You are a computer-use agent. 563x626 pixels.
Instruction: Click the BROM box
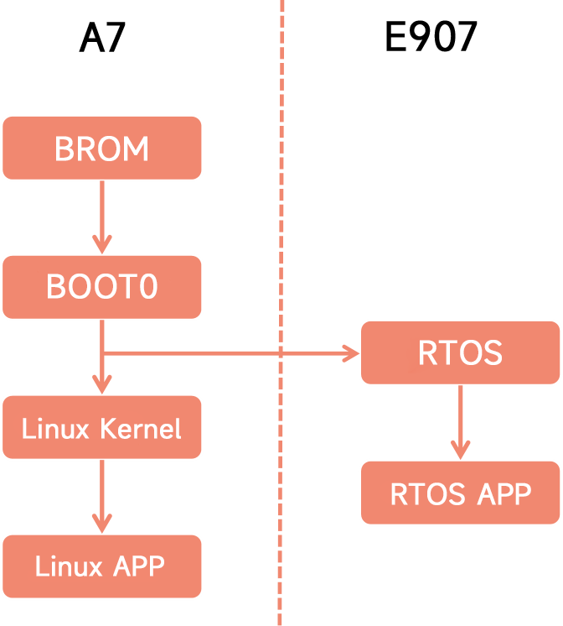click(101, 149)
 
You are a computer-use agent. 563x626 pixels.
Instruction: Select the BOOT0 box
click(101, 288)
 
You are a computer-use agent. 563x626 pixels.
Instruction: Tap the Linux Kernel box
click(101, 428)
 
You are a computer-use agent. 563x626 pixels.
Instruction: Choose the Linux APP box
click(101, 566)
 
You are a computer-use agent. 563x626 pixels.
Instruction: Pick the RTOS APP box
click(460, 493)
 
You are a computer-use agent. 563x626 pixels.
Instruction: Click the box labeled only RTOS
click(460, 353)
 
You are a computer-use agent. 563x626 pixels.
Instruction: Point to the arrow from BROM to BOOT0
click(102, 214)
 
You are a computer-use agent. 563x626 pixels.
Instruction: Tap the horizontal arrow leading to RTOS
click(226, 353)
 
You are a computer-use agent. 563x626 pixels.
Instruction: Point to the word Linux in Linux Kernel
click(55, 429)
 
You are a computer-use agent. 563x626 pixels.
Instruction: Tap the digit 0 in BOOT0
click(147, 288)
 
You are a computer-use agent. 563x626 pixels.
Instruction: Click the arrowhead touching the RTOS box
click(351, 353)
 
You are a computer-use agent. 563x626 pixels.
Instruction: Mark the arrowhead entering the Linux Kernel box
click(102, 385)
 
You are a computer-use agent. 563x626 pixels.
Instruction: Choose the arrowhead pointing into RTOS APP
click(460, 451)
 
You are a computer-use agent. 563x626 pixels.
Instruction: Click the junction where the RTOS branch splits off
click(102, 353)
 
